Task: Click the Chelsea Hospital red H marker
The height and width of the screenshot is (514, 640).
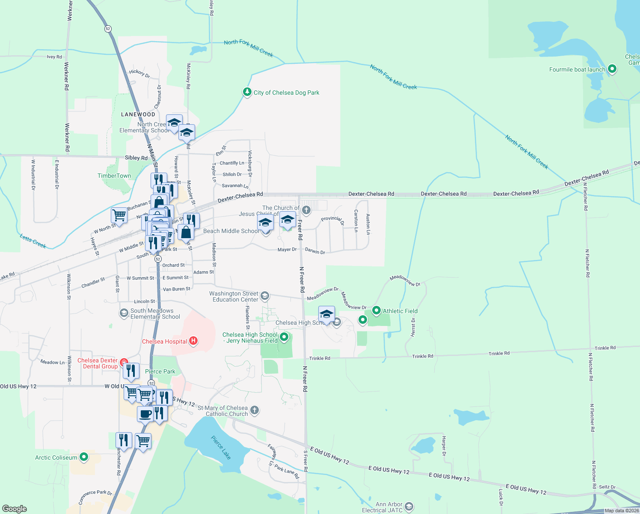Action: (x=193, y=341)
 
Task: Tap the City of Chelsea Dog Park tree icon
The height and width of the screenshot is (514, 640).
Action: (x=247, y=92)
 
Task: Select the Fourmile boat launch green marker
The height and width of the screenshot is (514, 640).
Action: (x=612, y=69)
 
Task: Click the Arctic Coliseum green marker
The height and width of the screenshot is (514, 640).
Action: (x=84, y=457)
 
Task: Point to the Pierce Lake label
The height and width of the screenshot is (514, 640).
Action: (x=221, y=448)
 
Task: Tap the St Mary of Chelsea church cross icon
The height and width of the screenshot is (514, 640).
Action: (x=255, y=410)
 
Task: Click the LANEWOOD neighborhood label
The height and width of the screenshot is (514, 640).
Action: (x=138, y=114)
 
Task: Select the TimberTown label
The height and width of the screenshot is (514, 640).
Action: (x=114, y=176)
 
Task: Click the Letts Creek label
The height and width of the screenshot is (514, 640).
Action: (x=33, y=241)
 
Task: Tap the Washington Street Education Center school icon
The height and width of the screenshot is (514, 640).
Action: (x=265, y=296)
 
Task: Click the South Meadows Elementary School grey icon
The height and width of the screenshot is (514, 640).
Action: (x=124, y=313)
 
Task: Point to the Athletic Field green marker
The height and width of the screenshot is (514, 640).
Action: (x=376, y=311)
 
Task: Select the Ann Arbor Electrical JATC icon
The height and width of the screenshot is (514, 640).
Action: (x=409, y=507)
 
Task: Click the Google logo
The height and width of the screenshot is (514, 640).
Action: (x=15, y=509)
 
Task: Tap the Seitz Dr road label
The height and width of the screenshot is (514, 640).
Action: (x=607, y=487)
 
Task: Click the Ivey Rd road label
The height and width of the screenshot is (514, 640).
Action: (x=54, y=57)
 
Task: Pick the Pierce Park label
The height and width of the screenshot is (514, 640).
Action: (x=160, y=371)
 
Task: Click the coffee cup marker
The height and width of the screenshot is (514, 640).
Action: (x=145, y=414)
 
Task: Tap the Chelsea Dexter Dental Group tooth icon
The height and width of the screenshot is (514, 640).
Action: (x=124, y=363)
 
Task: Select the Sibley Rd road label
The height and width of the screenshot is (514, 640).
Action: (x=136, y=158)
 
